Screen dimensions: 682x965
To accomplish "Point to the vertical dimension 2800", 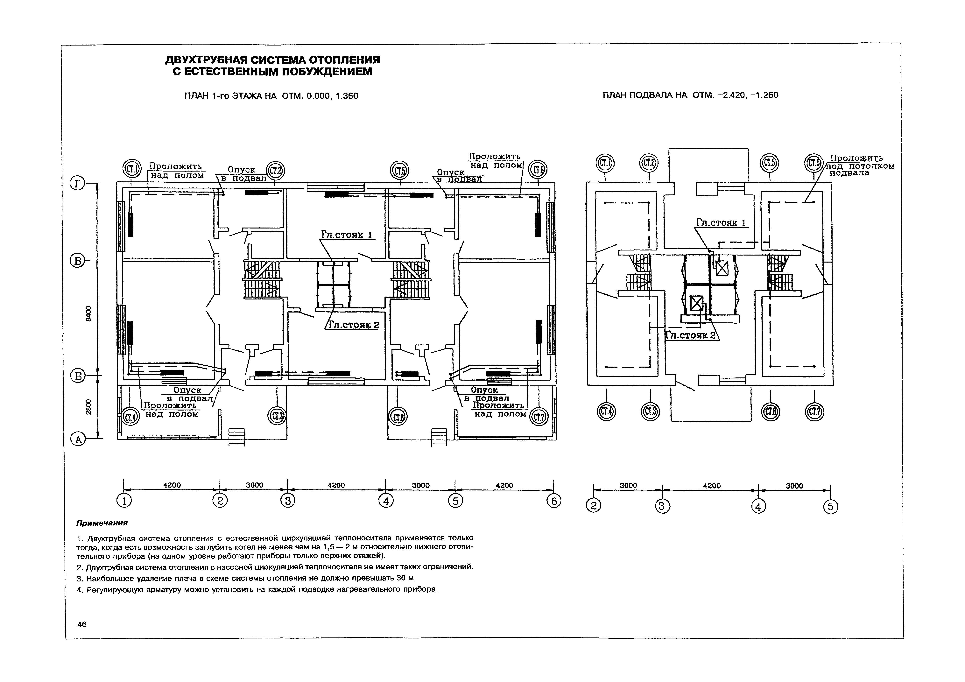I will [x=88, y=407].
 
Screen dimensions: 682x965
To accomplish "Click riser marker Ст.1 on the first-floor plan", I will [x=131, y=170].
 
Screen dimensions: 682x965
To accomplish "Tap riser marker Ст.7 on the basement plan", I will [x=814, y=412].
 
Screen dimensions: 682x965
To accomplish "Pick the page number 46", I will [x=82, y=624].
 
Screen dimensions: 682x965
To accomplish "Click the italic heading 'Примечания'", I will [x=102, y=523].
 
